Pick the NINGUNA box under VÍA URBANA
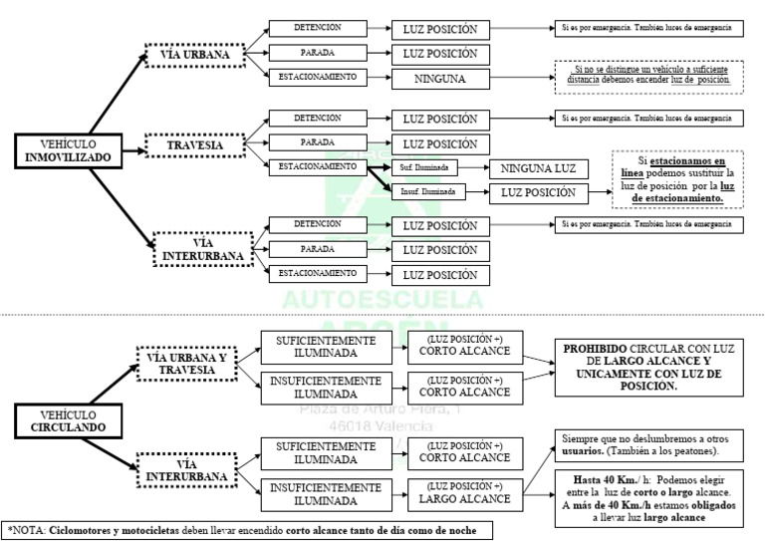pos(440,78)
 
